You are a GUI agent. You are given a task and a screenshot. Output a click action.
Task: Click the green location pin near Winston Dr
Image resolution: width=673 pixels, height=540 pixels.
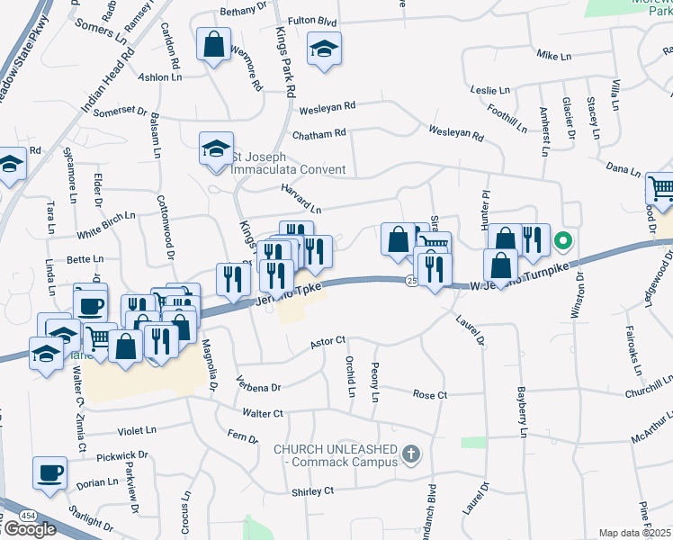click(x=563, y=241)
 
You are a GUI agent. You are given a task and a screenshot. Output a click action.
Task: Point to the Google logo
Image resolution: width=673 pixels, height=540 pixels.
click(x=29, y=528)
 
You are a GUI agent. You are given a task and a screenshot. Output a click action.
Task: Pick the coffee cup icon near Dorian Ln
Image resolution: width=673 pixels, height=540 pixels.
click(x=50, y=472)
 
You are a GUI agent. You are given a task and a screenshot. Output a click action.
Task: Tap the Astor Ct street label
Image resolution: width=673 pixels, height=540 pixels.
click(x=328, y=341)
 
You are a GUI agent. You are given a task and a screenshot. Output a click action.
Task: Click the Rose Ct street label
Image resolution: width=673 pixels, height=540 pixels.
click(x=429, y=395)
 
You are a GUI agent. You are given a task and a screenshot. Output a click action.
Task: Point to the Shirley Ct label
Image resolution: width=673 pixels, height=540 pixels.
click(x=312, y=490)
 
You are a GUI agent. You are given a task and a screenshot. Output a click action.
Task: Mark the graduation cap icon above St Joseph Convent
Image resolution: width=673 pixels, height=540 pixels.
click(x=216, y=149)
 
